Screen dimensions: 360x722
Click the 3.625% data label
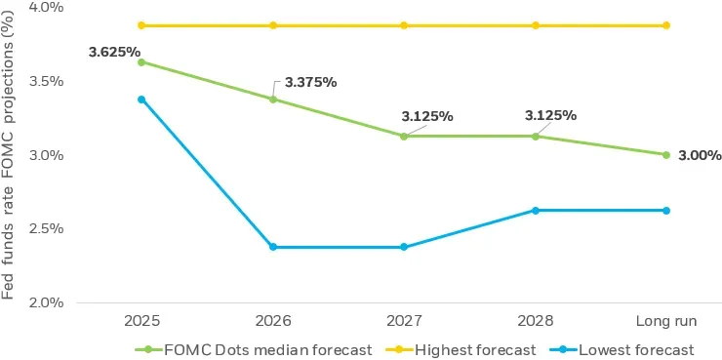point(115,52)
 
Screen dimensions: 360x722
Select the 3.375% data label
point(310,82)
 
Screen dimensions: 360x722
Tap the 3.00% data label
point(699,155)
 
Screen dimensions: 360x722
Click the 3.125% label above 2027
point(427,116)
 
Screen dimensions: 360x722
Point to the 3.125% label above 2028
point(550,115)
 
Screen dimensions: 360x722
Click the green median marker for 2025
point(141,62)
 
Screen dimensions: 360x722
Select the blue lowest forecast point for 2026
point(272,247)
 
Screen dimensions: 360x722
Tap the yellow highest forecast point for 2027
point(404,25)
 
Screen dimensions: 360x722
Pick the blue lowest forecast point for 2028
point(535,211)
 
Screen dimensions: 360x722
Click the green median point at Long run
point(665,154)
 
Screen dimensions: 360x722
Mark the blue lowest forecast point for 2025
point(141,100)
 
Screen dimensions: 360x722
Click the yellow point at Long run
point(665,25)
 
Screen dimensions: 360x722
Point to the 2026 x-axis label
point(272,320)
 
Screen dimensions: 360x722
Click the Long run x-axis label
point(665,320)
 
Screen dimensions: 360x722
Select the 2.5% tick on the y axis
point(44,228)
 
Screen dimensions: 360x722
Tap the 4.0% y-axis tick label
point(44,7)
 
